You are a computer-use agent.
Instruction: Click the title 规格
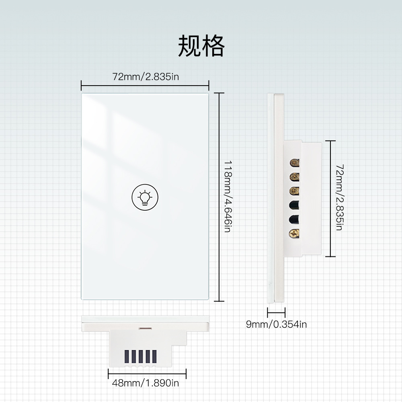(x=201, y=46)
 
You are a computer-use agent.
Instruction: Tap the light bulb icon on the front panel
(x=145, y=197)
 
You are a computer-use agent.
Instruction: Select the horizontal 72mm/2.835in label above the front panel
(x=145, y=76)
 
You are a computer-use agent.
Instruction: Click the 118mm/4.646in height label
(x=228, y=197)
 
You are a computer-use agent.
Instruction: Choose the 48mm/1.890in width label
(x=145, y=383)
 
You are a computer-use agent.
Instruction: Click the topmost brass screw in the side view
(x=295, y=163)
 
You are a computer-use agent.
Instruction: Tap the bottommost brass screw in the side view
(x=295, y=232)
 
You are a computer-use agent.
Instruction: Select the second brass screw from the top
(x=295, y=176)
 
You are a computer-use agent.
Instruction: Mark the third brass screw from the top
(x=295, y=190)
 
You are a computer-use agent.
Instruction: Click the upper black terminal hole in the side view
(x=295, y=205)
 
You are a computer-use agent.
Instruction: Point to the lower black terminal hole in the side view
(x=295, y=218)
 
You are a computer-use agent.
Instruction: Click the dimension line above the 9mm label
(x=276, y=312)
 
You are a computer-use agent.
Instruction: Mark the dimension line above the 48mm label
(x=147, y=373)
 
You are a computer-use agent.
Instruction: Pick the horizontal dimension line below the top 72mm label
(x=145, y=85)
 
